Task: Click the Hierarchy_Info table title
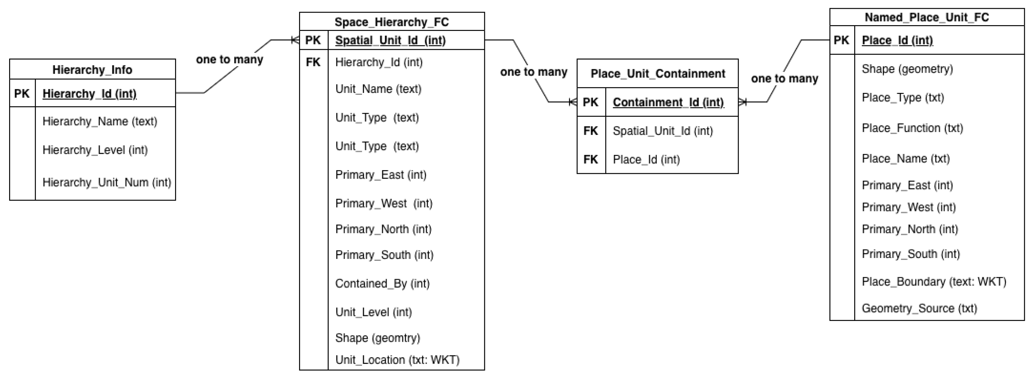pos(92,70)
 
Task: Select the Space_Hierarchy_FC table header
pos(391,22)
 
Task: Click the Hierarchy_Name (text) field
pos(99,121)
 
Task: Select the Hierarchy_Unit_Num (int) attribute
pos(106,182)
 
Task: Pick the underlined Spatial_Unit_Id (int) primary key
pos(390,41)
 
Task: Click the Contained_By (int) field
pos(382,283)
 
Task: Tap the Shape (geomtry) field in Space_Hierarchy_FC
pos(377,338)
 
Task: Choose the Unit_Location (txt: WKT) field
pos(397,360)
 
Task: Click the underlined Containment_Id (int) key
pos(668,102)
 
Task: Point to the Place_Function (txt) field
pos(912,128)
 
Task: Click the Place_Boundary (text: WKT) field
pos(934,282)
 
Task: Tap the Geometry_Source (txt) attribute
pos(919,308)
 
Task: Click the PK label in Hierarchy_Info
pos(22,94)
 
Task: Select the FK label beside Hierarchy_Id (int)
pos(313,62)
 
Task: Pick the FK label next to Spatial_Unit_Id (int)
pos(590,131)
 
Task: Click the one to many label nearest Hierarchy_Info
pos(229,60)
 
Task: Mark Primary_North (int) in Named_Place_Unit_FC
pos(910,229)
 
